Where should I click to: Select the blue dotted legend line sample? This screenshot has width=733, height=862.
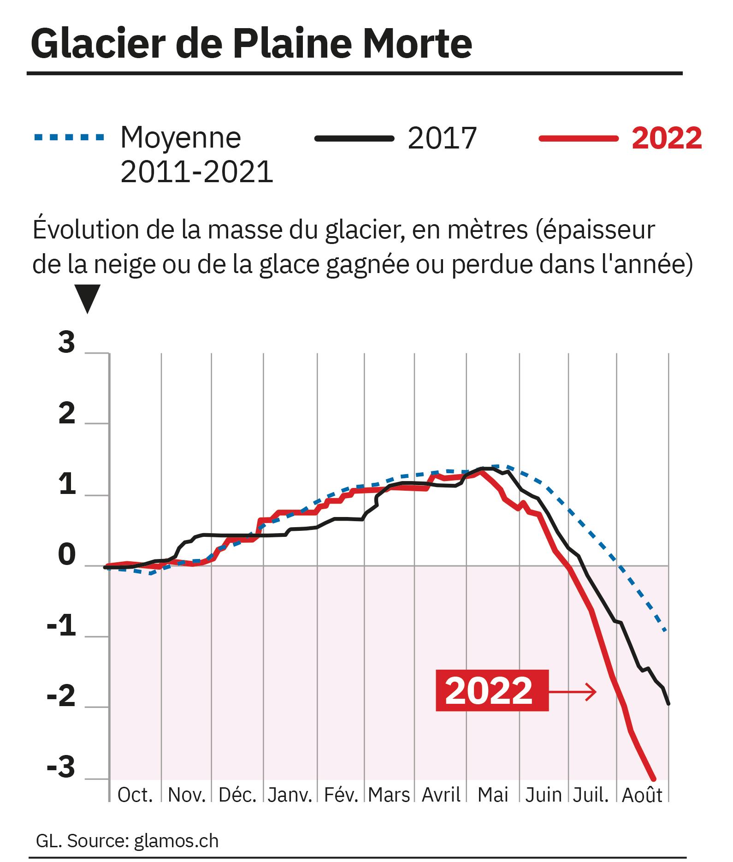pyautogui.click(x=69, y=137)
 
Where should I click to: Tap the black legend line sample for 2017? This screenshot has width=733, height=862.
pyautogui.click(x=354, y=137)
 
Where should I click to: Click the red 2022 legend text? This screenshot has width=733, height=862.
pyautogui.click(x=667, y=137)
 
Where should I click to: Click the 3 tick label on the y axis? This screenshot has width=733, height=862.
pyautogui.click(x=67, y=343)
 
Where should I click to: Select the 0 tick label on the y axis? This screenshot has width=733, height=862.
pyautogui.click(x=67, y=556)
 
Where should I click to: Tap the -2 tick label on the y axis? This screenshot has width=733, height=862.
pyautogui.click(x=61, y=697)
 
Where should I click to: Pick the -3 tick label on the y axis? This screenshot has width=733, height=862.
pyautogui.click(x=61, y=767)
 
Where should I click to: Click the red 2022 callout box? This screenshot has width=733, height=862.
pyautogui.click(x=492, y=690)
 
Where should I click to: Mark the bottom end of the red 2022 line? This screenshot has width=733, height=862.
pyautogui.click(x=653, y=779)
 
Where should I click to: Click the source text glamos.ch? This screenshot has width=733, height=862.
pyautogui.click(x=176, y=841)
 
